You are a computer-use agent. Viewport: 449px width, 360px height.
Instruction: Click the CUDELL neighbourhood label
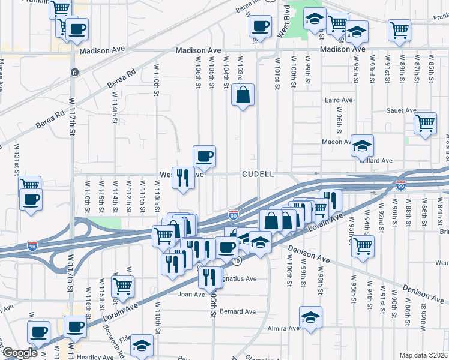click(258, 174)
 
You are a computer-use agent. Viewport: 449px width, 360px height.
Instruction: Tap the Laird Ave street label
click(339, 100)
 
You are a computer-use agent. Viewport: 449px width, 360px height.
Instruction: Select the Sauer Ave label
click(402, 110)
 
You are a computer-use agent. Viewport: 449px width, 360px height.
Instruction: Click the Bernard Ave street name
click(238, 311)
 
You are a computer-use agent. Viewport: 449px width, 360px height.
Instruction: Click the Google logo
click(19, 353)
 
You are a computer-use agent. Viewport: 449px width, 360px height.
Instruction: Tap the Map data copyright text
click(423, 355)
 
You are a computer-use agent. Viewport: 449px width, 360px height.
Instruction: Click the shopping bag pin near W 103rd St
click(243, 95)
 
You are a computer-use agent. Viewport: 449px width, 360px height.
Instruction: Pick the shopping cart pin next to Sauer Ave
click(425, 123)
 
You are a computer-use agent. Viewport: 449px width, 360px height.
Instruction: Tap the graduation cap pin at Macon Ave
click(362, 145)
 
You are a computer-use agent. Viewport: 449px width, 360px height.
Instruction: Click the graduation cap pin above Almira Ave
click(310, 317)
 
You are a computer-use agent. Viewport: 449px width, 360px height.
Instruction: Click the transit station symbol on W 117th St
click(74, 72)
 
